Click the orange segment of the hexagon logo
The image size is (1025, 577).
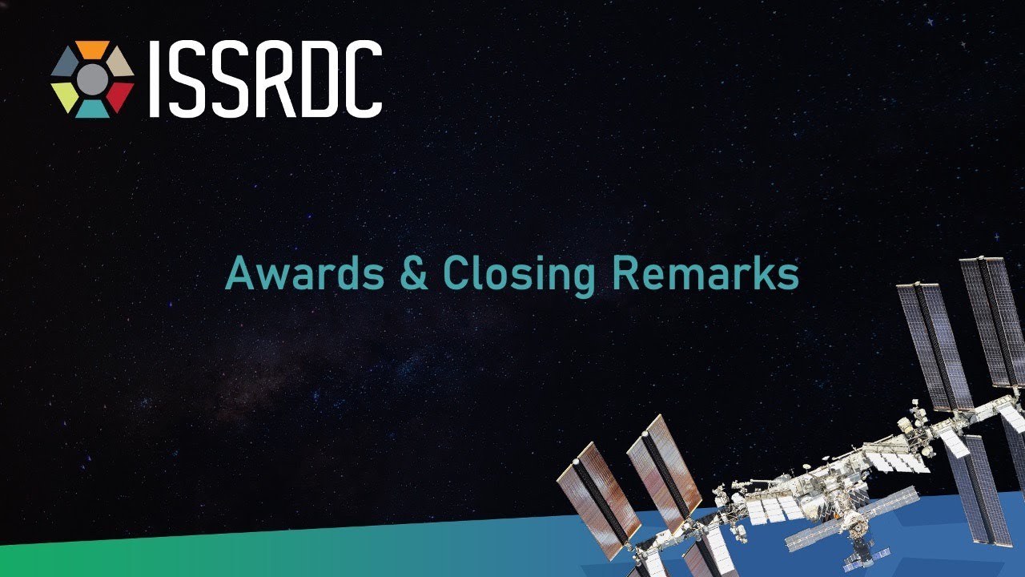tap(93, 50)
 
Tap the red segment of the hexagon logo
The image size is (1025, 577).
tap(120, 95)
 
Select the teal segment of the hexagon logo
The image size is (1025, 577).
tap(93, 108)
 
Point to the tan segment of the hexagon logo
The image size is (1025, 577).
tap(120, 63)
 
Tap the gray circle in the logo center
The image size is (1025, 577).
tap(93, 79)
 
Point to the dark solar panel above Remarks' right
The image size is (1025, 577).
tap(934, 345)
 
